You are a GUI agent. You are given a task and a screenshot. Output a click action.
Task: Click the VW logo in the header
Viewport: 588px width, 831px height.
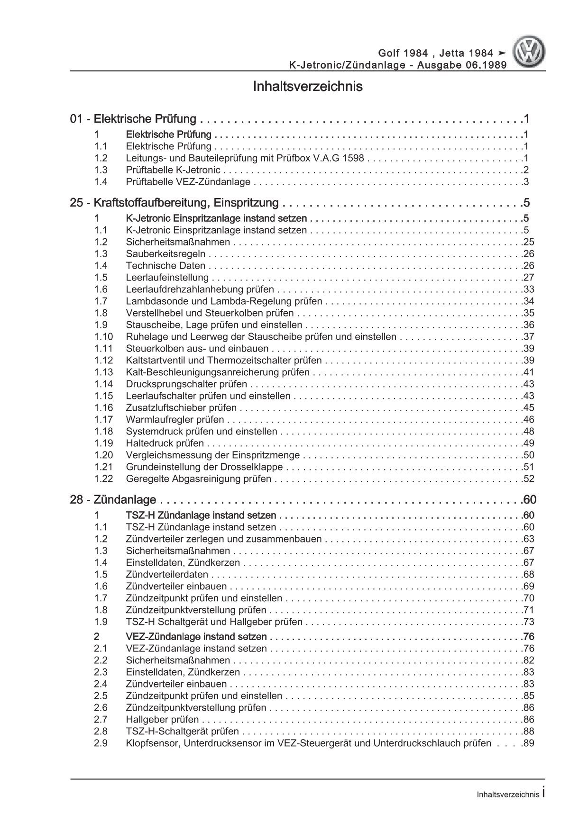coord(531,54)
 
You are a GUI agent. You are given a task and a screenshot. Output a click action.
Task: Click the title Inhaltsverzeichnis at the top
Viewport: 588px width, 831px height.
coord(308,87)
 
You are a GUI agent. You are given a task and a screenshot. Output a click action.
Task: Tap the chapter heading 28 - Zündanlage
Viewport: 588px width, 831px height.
coord(113,499)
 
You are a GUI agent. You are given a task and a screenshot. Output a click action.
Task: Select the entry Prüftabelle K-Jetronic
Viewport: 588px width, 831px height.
coord(173,170)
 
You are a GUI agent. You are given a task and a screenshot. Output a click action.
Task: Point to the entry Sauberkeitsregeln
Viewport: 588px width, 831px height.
coord(165,254)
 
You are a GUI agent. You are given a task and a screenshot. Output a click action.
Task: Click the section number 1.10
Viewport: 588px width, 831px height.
coord(103,337)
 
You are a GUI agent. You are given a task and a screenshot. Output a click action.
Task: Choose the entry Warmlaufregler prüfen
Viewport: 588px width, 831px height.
coord(175,420)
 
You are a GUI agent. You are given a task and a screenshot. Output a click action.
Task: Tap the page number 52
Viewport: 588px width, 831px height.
coord(528,479)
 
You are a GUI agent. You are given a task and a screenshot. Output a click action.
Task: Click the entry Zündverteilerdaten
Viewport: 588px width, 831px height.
coord(167,575)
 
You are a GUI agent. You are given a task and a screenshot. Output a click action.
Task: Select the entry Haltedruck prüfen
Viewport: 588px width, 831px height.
coord(165,443)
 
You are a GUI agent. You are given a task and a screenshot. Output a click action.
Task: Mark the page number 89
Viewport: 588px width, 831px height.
coord(528,743)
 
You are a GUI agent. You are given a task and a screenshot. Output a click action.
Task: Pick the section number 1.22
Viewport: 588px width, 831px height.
coord(103,479)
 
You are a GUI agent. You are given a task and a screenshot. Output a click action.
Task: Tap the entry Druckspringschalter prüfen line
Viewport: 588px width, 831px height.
coord(186,384)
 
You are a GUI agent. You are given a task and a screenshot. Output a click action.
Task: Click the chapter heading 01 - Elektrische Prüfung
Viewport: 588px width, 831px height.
coord(133,118)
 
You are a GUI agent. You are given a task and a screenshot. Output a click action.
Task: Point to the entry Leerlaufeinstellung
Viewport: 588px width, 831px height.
coord(167,278)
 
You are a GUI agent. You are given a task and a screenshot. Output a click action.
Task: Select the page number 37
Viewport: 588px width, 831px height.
coord(528,337)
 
